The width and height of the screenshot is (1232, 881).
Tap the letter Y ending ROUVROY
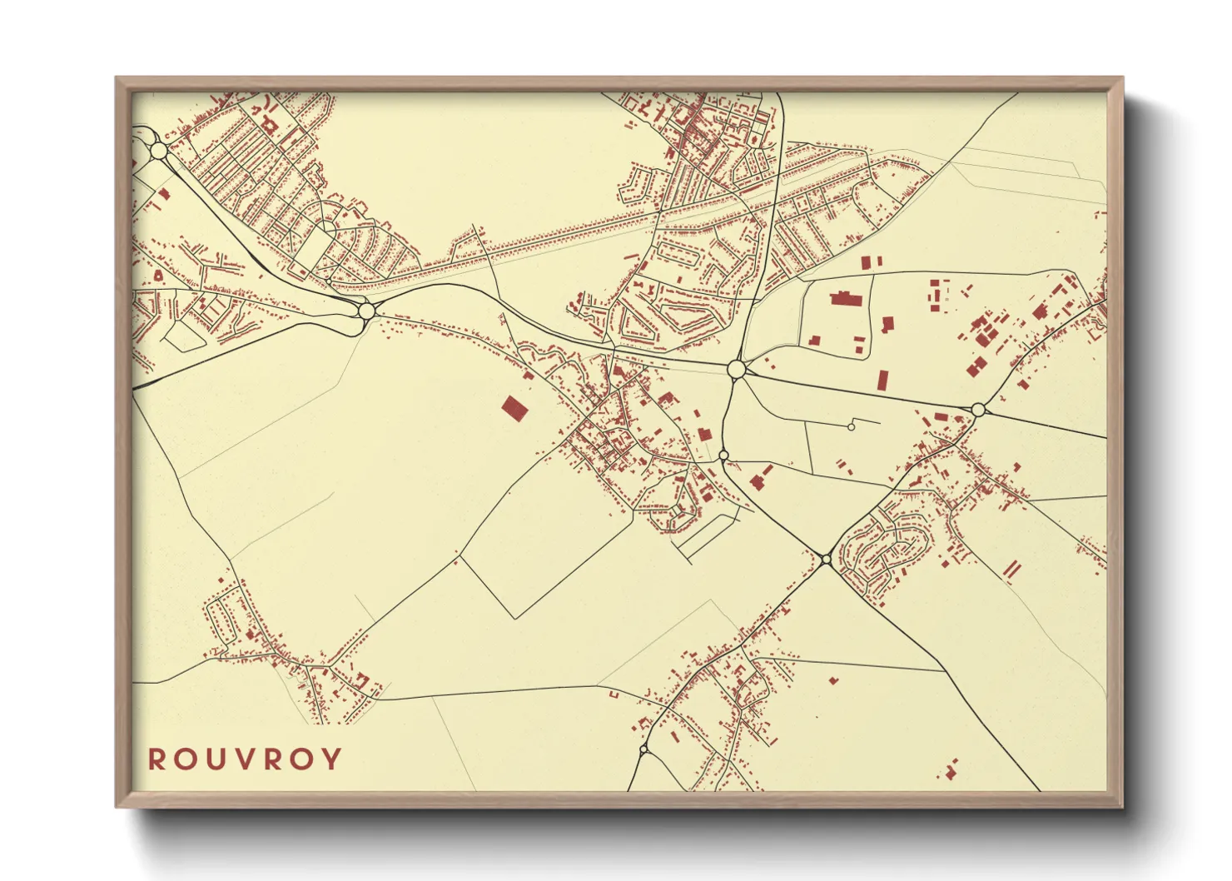pos(332,759)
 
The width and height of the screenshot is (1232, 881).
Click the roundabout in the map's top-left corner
pos(159,151)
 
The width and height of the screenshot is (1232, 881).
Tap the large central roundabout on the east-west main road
pos(736,369)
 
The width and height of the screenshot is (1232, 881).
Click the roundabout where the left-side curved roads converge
pos(366,311)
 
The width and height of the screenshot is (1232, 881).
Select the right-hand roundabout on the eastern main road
pos(979,409)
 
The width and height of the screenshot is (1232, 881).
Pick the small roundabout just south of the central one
pos(723,455)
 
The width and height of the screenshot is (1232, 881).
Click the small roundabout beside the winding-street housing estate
pos(825,560)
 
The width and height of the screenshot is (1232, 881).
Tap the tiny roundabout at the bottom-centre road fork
pos(643,749)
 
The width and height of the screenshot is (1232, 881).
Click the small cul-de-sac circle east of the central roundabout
pos(851,426)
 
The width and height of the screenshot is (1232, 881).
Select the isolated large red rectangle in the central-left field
pos(514,408)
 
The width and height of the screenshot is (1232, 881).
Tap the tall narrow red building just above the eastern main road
pos(882,381)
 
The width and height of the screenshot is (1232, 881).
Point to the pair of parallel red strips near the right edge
pos(1011,570)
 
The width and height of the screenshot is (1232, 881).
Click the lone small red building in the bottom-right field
pos(832,680)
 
